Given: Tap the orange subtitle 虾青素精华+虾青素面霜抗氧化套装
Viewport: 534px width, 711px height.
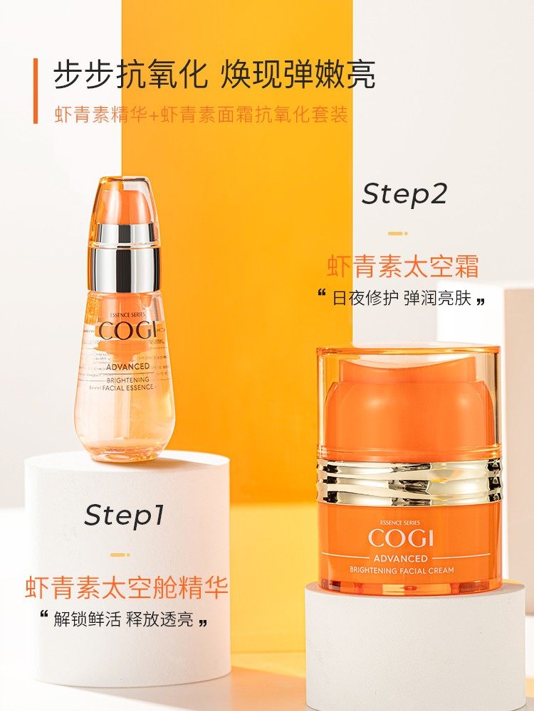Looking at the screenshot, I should click(x=201, y=114).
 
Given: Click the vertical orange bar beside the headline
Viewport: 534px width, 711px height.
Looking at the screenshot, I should click(x=35, y=91).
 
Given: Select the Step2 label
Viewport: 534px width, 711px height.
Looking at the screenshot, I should click(x=404, y=194).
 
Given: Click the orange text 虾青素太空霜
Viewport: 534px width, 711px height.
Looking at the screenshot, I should click(x=403, y=267).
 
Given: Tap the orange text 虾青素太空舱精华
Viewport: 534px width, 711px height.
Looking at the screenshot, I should click(x=127, y=588).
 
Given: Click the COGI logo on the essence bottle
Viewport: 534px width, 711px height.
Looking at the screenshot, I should click(x=124, y=331).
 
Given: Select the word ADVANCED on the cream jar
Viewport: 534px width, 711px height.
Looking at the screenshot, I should click(x=408, y=558).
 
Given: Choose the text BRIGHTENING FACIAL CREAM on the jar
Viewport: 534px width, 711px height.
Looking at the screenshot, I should click(x=408, y=570).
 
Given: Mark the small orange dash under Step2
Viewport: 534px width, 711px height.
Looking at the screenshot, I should click(x=397, y=233).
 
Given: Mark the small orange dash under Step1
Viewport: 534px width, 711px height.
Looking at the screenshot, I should click(x=120, y=555).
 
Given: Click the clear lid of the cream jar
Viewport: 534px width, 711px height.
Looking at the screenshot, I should click(x=409, y=398).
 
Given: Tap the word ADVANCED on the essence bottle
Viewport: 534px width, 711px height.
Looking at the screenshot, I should click(x=124, y=366).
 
